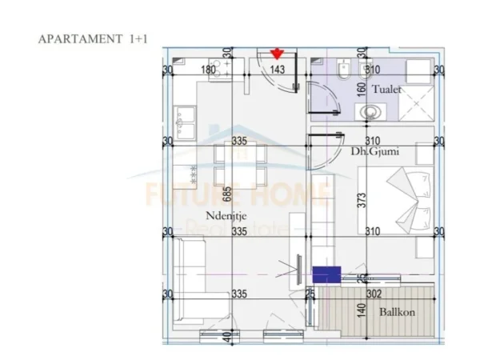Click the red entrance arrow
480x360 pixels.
277,54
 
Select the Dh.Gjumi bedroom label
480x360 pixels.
375,150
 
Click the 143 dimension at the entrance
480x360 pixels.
278,70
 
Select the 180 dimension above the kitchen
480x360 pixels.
207,70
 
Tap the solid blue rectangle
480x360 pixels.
325,275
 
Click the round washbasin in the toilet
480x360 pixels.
370,112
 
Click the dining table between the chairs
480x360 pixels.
239,175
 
